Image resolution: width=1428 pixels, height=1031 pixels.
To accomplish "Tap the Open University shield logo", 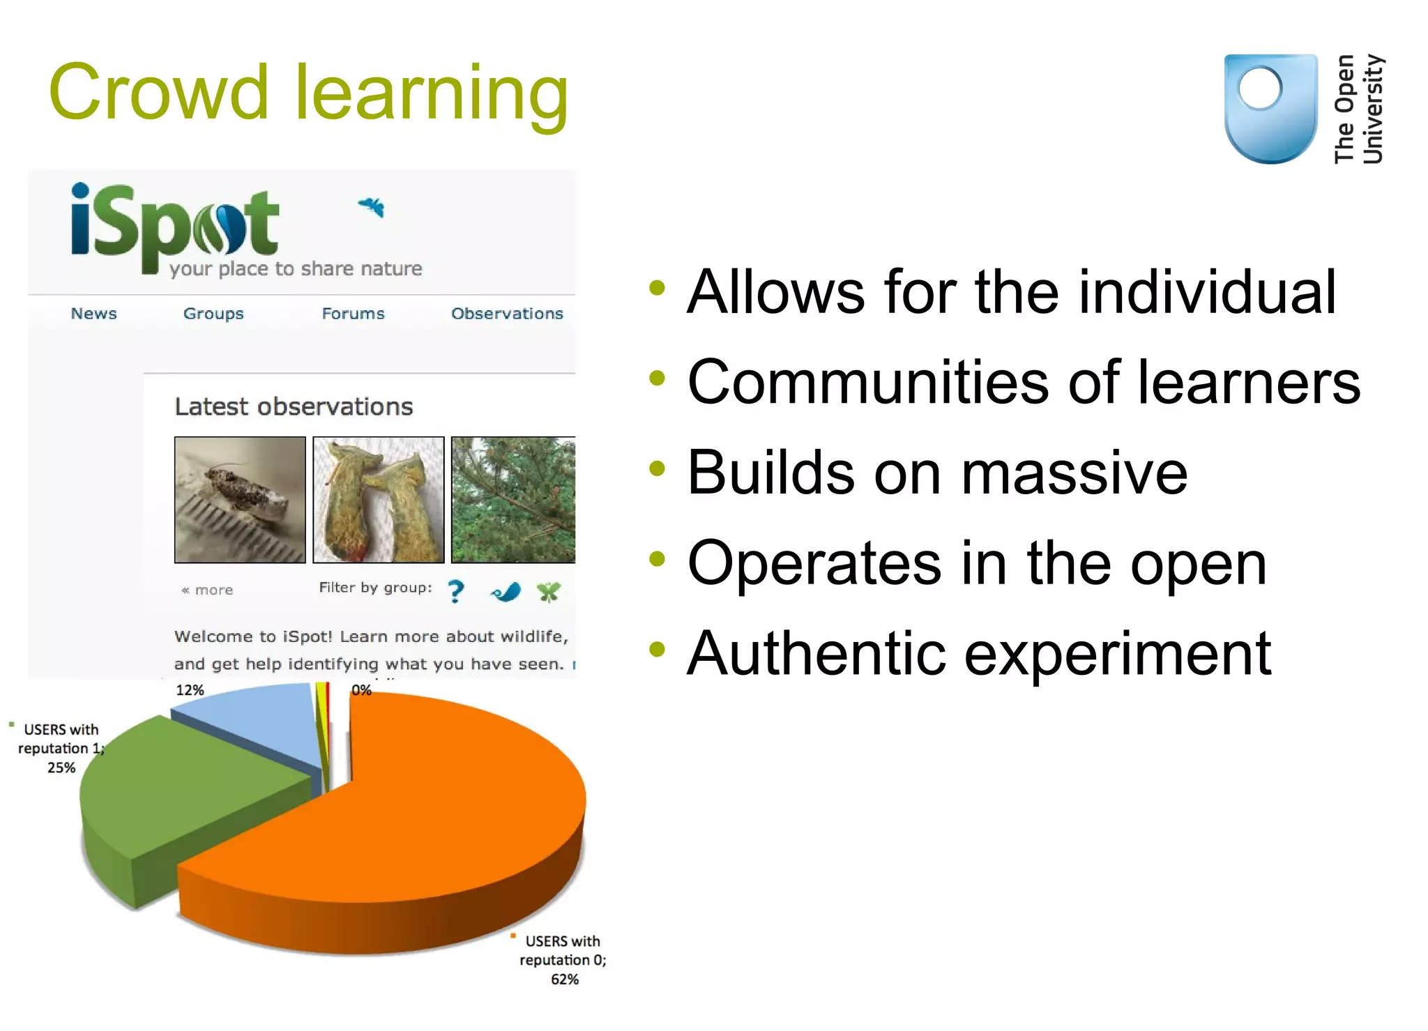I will tap(1270, 108).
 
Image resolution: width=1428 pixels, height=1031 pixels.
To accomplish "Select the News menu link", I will tap(93, 314).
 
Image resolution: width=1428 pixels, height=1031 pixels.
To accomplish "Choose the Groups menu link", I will tap(213, 314).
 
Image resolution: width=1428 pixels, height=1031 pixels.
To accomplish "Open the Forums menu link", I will tap(353, 314).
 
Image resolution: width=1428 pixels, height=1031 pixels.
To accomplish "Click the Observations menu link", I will tap(507, 314).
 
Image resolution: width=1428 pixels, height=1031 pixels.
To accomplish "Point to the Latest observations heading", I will tap(294, 406).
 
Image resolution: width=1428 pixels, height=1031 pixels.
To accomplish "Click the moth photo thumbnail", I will tap(240, 499).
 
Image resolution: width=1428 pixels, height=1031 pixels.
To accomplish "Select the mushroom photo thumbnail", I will tap(378, 499).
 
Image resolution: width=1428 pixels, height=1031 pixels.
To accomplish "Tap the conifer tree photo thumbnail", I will tap(513, 499).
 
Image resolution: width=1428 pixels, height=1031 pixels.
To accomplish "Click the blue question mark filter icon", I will tap(456, 591).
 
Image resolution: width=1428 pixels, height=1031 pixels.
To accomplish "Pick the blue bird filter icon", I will tap(506, 593).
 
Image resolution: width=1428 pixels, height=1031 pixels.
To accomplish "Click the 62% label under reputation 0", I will tap(564, 979).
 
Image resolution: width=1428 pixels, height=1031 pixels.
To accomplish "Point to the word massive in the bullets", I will tap(1075, 473).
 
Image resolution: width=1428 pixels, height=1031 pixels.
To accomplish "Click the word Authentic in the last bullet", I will tap(816, 653).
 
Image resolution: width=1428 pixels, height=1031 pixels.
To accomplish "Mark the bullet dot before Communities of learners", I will tap(657, 379).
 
